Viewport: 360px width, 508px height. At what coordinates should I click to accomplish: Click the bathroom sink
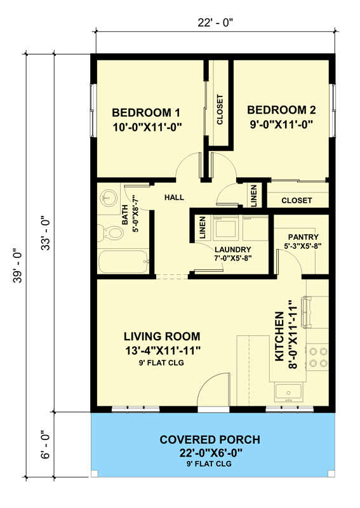click(x=106, y=199)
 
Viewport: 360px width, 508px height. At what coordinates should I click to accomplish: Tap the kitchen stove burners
click(x=318, y=357)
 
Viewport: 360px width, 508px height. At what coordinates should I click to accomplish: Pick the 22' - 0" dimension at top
click(x=215, y=23)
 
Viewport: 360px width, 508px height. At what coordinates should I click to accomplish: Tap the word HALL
click(x=174, y=198)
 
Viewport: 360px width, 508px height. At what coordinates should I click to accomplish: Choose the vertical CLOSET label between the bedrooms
click(x=220, y=110)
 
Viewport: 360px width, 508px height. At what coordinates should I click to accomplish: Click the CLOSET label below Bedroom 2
click(x=297, y=200)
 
